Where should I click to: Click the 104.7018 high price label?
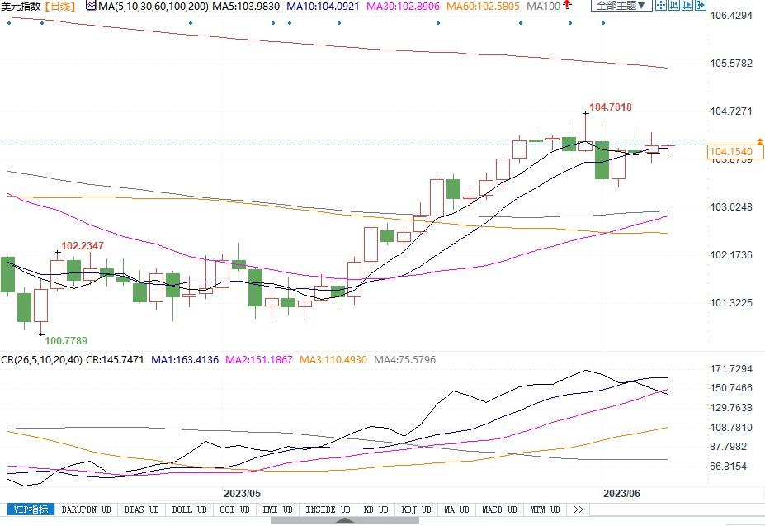pos(611,107)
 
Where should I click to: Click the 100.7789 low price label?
pos(66,340)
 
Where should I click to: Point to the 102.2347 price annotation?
pos(83,245)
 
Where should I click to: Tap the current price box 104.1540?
pos(730,152)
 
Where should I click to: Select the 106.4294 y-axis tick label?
pos(731,16)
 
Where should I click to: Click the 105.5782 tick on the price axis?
pos(731,64)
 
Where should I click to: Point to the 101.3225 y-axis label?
pos(731,303)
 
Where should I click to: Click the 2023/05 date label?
pos(243,493)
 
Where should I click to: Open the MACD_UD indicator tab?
pos(498,509)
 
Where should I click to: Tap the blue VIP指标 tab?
pos(30,509)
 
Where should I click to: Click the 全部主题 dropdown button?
pos(620,7)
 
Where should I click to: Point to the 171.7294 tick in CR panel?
pos(731,368)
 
